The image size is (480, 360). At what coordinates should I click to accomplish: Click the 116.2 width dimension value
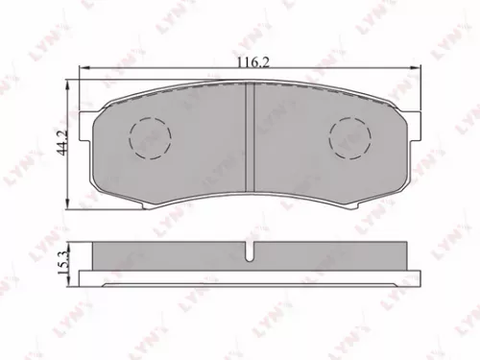point(249,60)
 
